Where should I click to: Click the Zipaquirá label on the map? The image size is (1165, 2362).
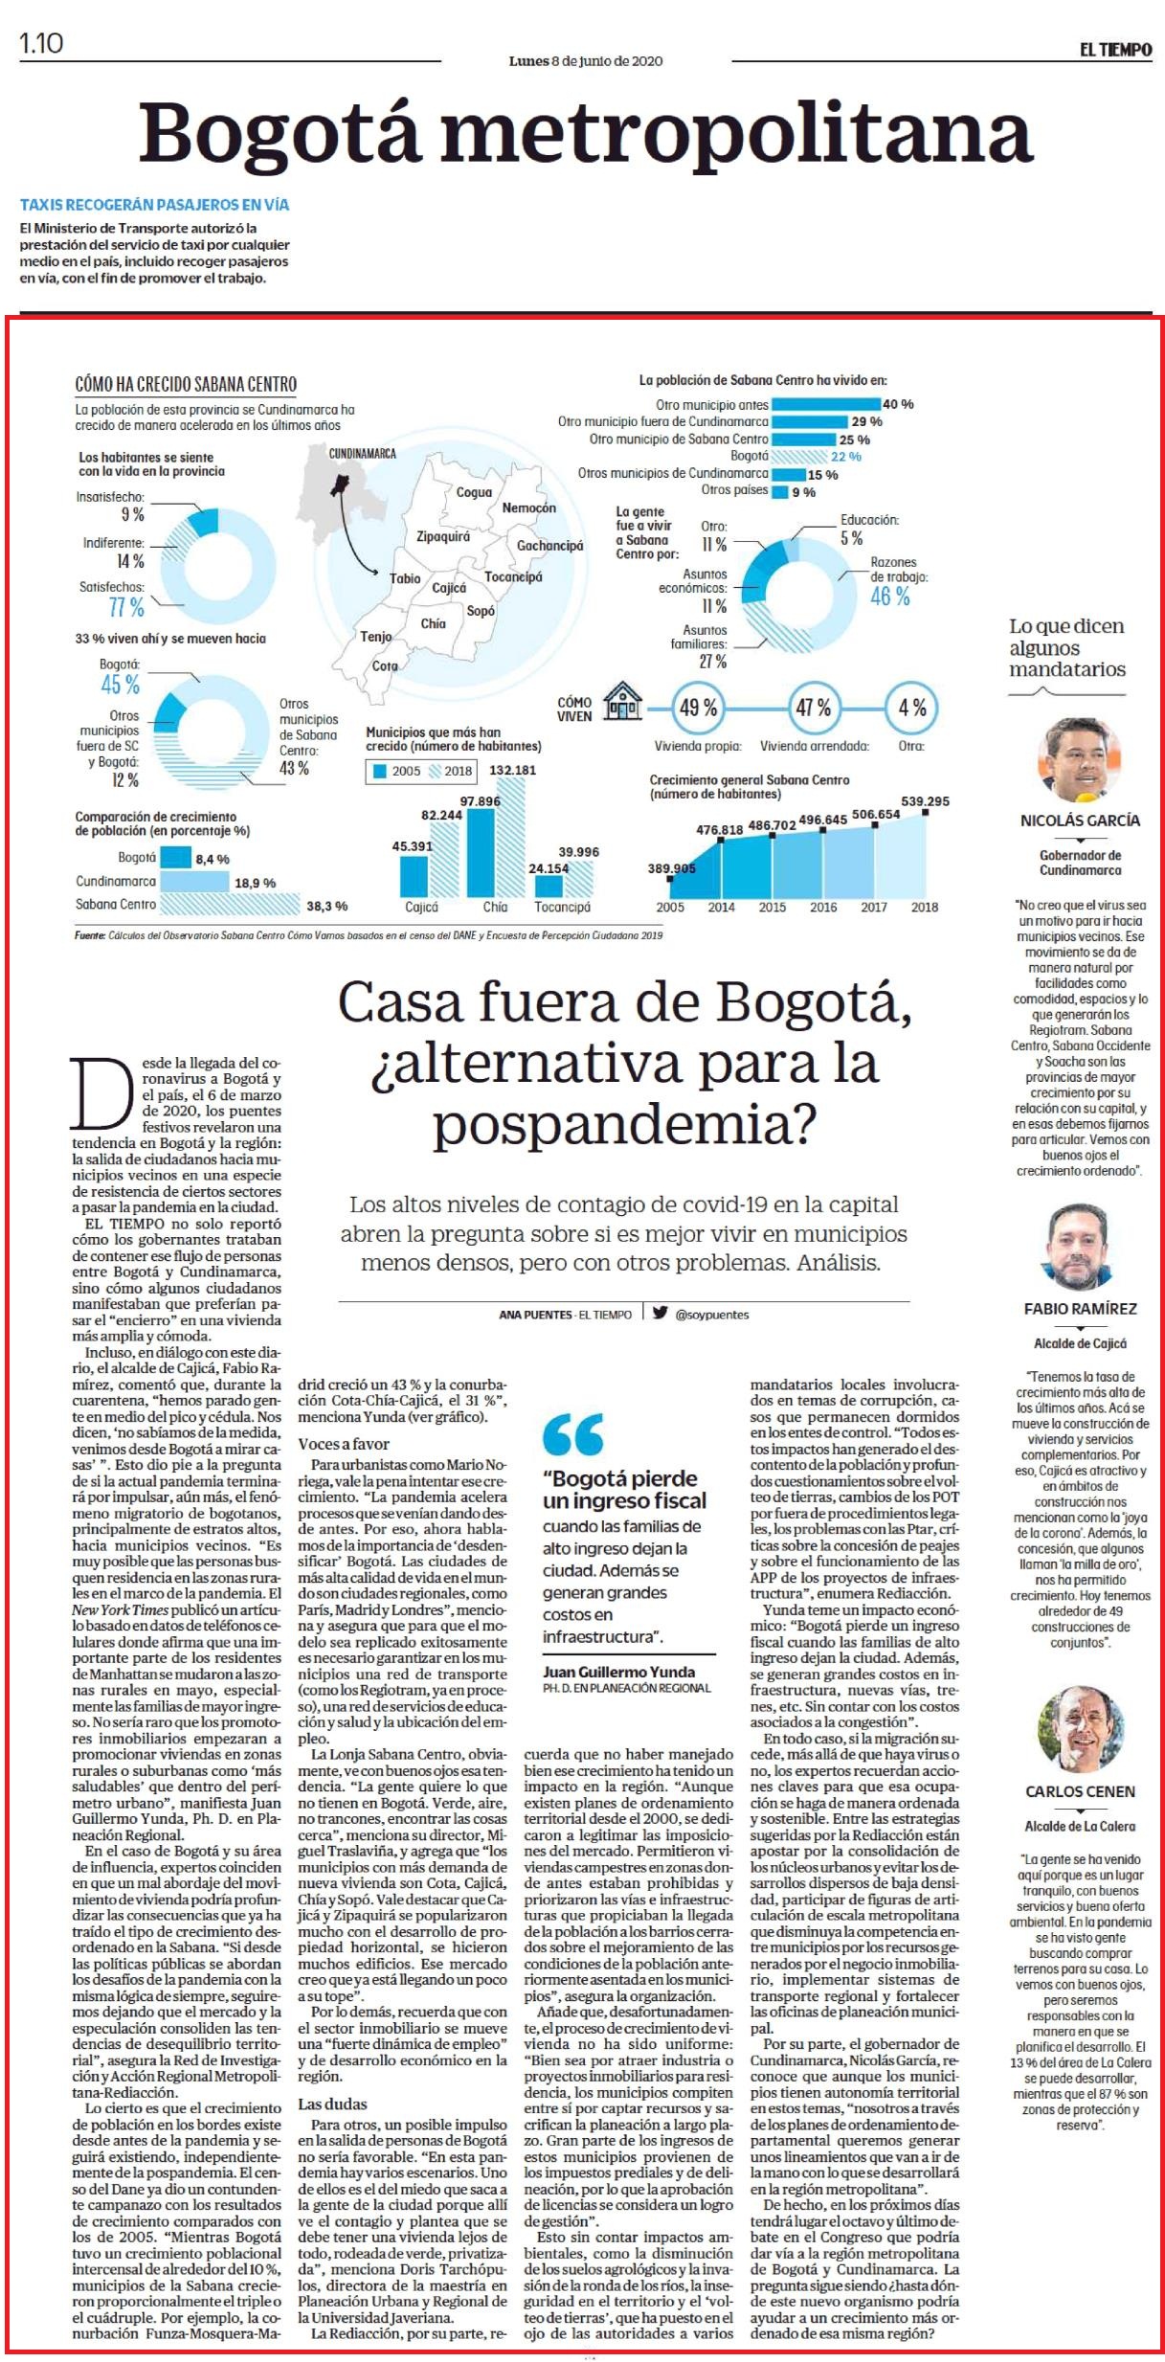click(443, 537)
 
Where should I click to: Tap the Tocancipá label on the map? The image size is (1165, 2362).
click(513, 577)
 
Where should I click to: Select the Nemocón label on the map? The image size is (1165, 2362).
click(529, 507)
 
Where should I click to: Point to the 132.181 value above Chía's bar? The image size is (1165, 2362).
click(512, 770)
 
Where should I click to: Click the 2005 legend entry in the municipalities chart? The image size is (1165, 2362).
click(396, 771)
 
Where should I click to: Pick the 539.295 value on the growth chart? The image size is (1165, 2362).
click(926, 801)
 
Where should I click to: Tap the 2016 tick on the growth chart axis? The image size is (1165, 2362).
click(823, 907)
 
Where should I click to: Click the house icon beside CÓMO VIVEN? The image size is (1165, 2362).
click(623, 703)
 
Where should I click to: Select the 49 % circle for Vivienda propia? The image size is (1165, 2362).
click(698, 709)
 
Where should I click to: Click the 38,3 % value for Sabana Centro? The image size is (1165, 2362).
click(327, 906)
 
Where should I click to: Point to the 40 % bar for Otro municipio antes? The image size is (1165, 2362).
click(826, 404)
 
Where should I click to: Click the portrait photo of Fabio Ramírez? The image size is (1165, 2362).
click(1080, 1248)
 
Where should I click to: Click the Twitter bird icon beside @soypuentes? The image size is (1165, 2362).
click(661, 1313)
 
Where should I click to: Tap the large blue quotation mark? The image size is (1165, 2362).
click(572, 1434)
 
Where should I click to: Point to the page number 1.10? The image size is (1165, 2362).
click(41, 44)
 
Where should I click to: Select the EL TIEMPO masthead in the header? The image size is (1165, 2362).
click(1115, 50)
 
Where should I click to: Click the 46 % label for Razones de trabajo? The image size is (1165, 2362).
click(889, 596)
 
